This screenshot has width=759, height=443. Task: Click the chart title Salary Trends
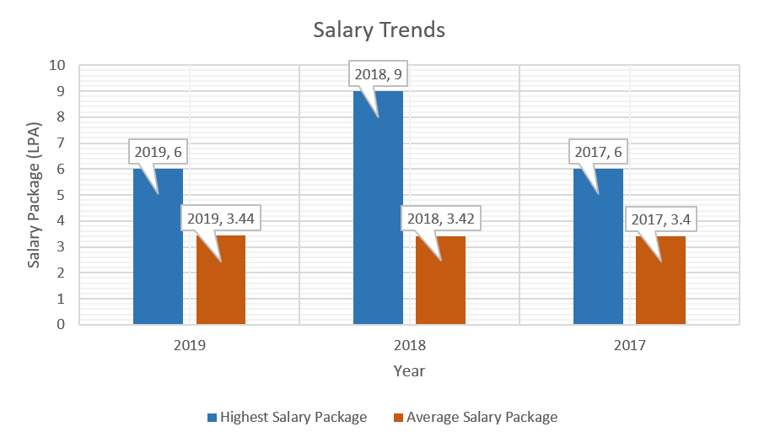[379, 30]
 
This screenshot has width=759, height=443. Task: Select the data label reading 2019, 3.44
[221, 219]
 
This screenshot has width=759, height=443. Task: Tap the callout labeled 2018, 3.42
[440, 219]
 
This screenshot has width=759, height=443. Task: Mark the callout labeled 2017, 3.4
[661, 219]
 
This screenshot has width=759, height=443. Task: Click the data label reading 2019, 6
[158, 153]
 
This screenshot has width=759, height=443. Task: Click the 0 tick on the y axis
[62, 324]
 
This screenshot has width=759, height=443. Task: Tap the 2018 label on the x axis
[409, 346]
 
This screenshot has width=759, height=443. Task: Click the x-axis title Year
[409, 371]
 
